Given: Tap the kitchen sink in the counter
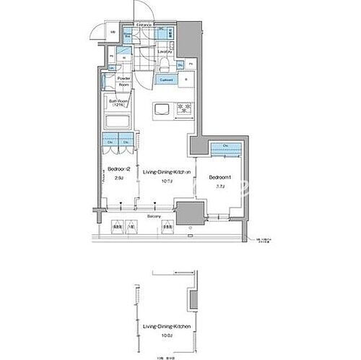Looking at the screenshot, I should (x=161, y=109).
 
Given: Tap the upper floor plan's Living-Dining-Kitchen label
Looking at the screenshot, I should (x=167, y=171).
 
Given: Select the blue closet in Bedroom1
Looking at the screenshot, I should (x=226, y=148).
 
